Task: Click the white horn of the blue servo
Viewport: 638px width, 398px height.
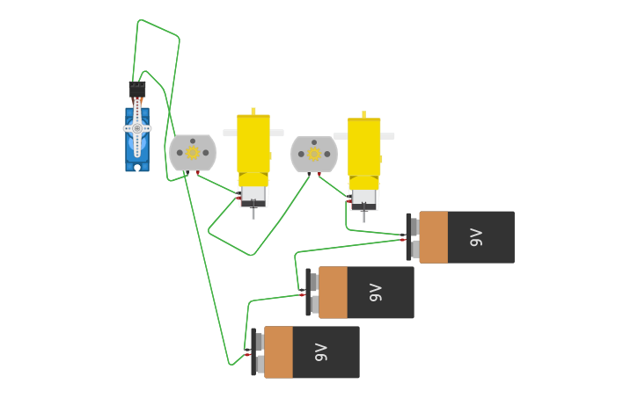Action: point(137,128)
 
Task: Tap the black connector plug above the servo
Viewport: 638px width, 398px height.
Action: point(137,90)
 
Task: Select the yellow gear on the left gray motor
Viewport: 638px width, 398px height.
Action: point(193,153)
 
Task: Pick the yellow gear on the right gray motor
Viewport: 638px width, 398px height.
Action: point(314,154)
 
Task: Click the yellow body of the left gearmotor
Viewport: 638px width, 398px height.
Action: point(253,145)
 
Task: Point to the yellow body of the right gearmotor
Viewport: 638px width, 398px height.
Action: point(364,148)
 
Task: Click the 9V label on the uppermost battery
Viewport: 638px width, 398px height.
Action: point(476,237)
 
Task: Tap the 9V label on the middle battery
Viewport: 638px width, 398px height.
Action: point(376,293)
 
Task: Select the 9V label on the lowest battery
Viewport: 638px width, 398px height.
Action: point(321,352)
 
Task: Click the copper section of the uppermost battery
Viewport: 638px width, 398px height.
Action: point(434,237)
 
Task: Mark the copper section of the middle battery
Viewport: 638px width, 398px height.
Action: point(334,293)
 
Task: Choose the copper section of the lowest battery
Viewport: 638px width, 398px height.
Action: point(279,352)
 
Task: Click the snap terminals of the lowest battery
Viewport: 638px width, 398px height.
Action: point(258,352)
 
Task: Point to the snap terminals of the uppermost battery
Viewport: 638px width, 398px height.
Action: point(413,237)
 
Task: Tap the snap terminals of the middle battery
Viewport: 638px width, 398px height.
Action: point(312,293)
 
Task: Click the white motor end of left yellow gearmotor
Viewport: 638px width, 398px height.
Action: point(253,195)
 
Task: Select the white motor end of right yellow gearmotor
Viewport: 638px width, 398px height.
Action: point(364,199)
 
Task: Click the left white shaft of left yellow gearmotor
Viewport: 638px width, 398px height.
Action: point(230,134)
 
